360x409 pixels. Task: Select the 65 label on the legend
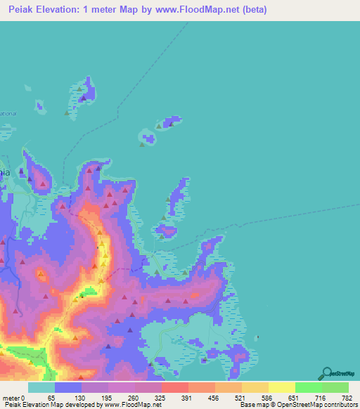[50, 397]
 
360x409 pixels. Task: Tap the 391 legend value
[186, 397]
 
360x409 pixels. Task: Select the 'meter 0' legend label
[13, 397]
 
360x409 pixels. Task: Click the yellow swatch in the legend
[281, 387]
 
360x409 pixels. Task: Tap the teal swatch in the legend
[41, 387]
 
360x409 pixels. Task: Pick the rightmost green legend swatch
[335, 387]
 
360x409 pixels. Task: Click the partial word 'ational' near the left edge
[8, 113]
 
